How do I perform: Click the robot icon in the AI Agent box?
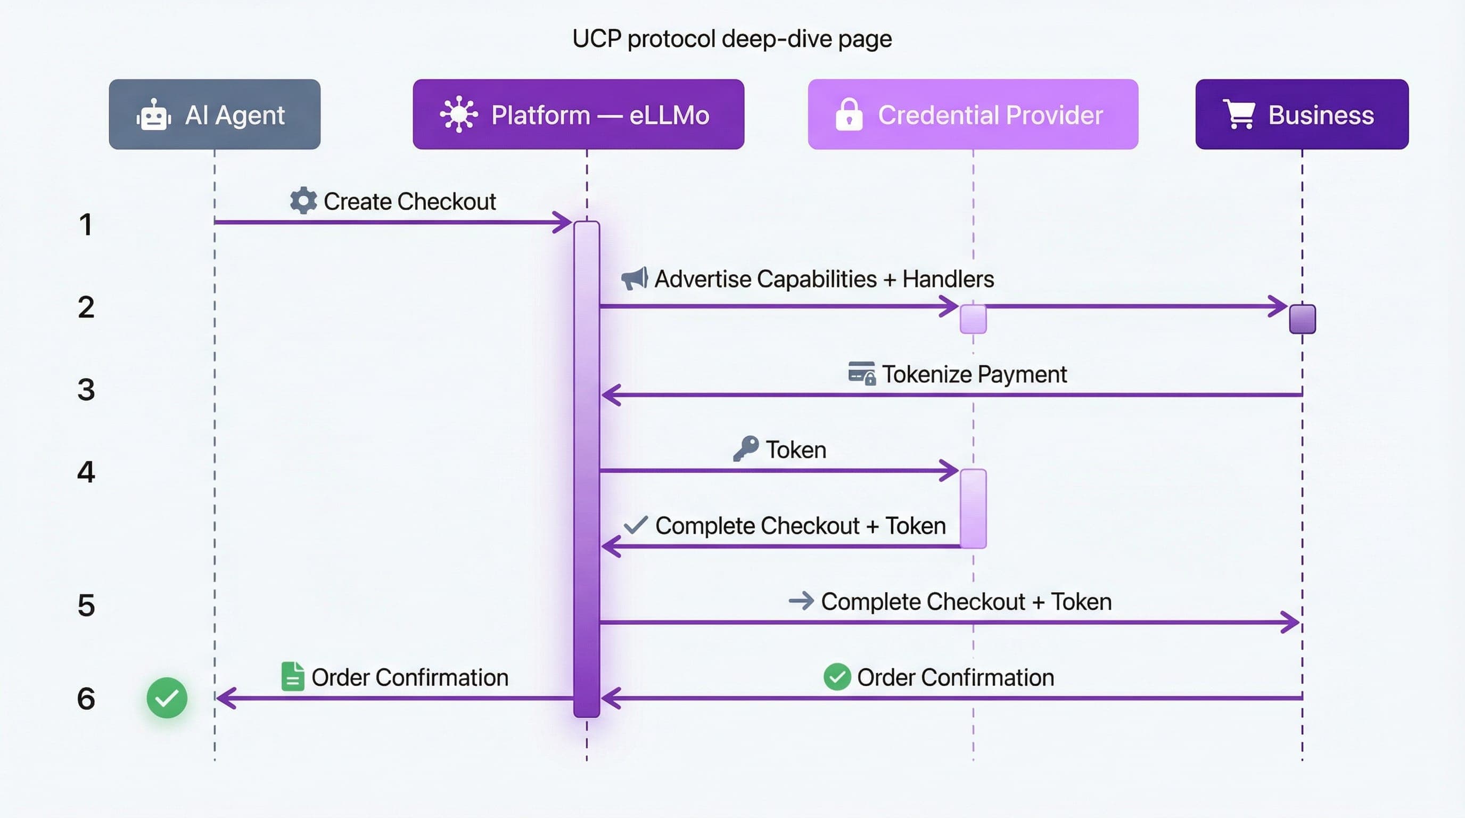(x=153, y=115)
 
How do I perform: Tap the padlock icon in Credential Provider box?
(x=849, y=115)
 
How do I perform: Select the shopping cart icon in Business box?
(x=1240, y=115)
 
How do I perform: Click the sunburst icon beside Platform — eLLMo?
(x=458, y=115)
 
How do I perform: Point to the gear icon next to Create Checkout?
(x=303, y=201)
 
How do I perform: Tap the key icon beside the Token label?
(x=746, y=449)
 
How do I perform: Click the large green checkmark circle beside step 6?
(x=167, y=698)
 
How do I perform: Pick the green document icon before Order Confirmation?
(x=292, y=676)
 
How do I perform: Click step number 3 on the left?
(x=86, y=390)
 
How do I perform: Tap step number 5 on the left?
(x=86, y=606)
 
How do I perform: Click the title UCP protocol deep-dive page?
(x=732, y=39)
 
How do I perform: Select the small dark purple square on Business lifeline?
(x=1302, y=319)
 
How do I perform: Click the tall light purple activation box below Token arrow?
(x=973, y=509)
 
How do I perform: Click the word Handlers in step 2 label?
(x=948, y=279)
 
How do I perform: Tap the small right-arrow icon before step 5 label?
(x=801, y=601)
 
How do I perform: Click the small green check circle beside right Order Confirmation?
(x=837, y=677)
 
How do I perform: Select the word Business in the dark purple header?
(x=1321, y=116)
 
